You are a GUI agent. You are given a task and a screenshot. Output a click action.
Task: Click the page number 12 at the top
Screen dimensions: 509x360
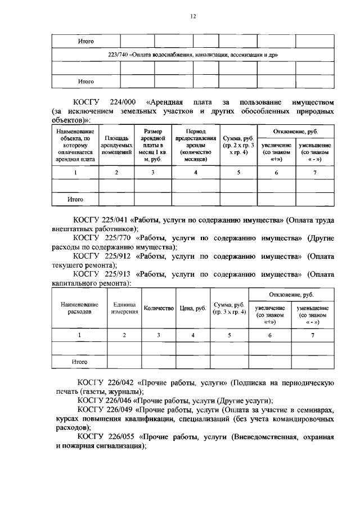pyautogui.click(x=192, y=16)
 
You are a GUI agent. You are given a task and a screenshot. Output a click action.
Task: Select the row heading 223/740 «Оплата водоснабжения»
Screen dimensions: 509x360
pyautogui.click(x=193, y=55)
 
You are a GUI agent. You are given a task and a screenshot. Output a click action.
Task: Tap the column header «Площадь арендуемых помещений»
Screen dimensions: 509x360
pyautogui.click(x=116, y=145)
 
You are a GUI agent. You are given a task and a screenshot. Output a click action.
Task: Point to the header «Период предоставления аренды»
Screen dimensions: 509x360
pyautogui.click(x=195, y=145)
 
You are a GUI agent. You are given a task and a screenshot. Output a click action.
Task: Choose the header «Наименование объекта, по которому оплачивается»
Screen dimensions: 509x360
pyautogui.click(x=75, y=145)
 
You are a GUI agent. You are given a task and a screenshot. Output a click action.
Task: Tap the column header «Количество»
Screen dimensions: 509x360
pyautogui.click(x=159, y=308)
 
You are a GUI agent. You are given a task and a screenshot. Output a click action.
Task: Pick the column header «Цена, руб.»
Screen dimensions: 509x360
pyautogui.click(x=193, y=308)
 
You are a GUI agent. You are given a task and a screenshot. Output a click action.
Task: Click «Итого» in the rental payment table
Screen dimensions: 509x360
pyautogui.click(x=75, y=199)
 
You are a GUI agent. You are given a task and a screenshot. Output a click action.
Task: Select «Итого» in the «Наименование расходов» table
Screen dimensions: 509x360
pyautogui.click(x=79, y=362)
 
